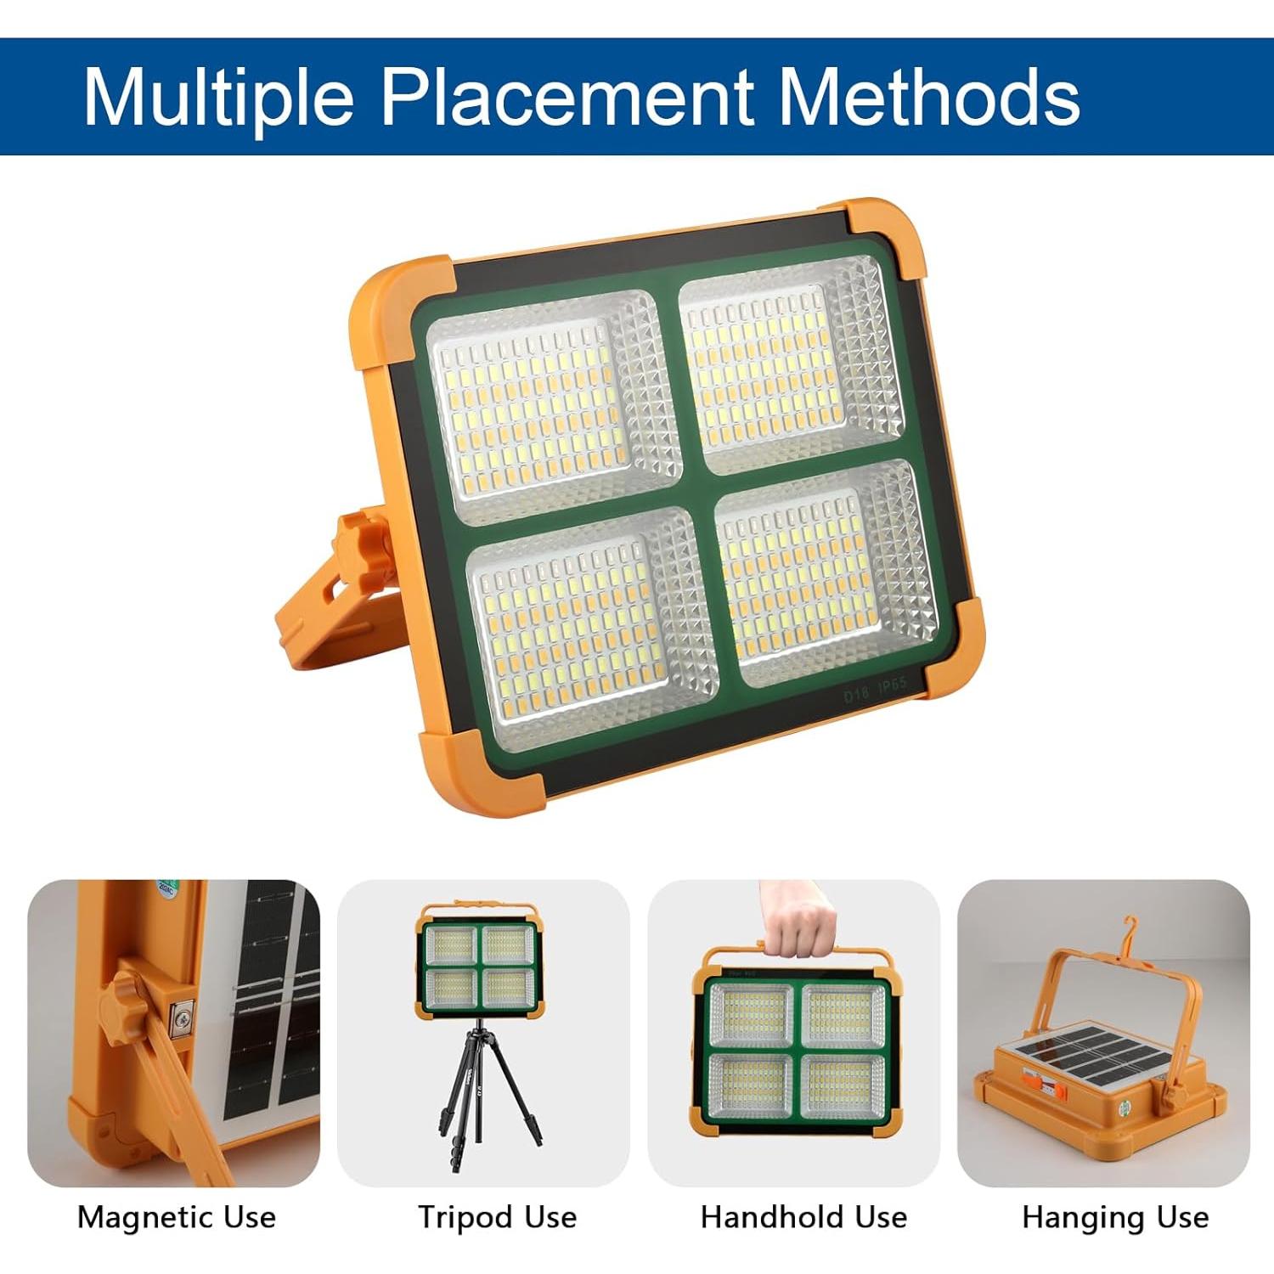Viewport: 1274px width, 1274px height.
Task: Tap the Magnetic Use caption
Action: point(177,1217)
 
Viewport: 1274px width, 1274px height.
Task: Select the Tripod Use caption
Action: point(497,1217)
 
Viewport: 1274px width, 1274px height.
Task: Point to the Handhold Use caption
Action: point(803,1217)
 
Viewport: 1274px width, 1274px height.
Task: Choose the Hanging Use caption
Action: point(1115,1218)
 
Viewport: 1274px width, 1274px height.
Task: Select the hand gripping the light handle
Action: point(796,917)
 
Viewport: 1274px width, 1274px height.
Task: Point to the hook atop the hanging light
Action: point(1130,930)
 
